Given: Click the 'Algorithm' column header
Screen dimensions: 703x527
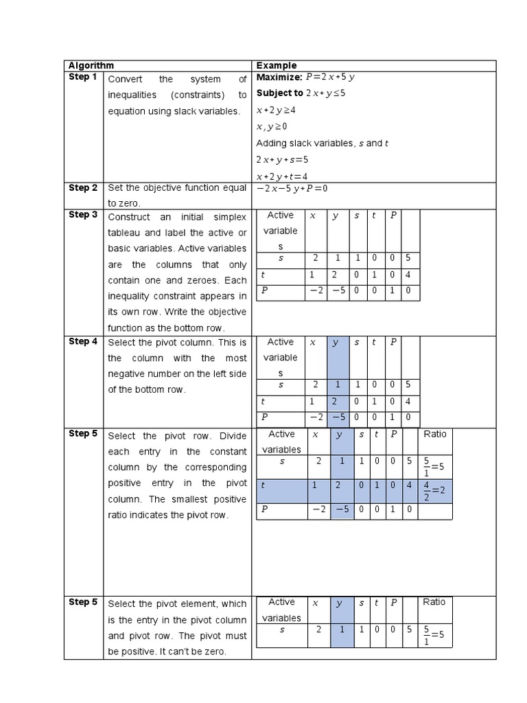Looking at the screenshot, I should (x=91, y=66).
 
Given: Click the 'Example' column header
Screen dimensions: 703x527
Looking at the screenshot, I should (x=277, y=66).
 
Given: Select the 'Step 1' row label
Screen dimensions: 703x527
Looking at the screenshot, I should (x=83, y=77).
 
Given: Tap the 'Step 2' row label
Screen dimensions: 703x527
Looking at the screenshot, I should (x=83, y=188).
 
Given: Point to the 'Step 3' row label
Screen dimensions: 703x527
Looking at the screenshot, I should (x=83, y=215).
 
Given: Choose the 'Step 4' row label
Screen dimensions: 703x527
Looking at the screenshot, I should (x=83, y=341).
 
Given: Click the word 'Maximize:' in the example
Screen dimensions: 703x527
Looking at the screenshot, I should (x=279, y=77).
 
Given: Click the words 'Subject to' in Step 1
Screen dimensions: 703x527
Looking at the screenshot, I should (x=279, y=93).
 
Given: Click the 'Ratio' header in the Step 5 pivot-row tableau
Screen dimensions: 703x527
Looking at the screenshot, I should (x=434, y=434).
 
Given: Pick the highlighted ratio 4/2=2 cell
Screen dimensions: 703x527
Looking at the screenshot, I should (x=434, y=492).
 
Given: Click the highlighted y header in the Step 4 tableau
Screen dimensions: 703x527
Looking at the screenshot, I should (x=336, y=343).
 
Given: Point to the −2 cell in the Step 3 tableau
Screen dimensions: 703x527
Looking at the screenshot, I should (x=316, y=291).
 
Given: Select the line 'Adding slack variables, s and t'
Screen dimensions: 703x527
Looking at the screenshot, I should (x=322, y=143).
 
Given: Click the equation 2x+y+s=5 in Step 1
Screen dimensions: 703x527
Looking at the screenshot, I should (x=282, y=160).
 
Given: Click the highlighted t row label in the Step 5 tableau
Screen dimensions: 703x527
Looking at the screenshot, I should (x=263, y=485).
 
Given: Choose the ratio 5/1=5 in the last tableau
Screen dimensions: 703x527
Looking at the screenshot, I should (x=434, y=635).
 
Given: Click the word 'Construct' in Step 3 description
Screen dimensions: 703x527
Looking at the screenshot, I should (x=129, y=216).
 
